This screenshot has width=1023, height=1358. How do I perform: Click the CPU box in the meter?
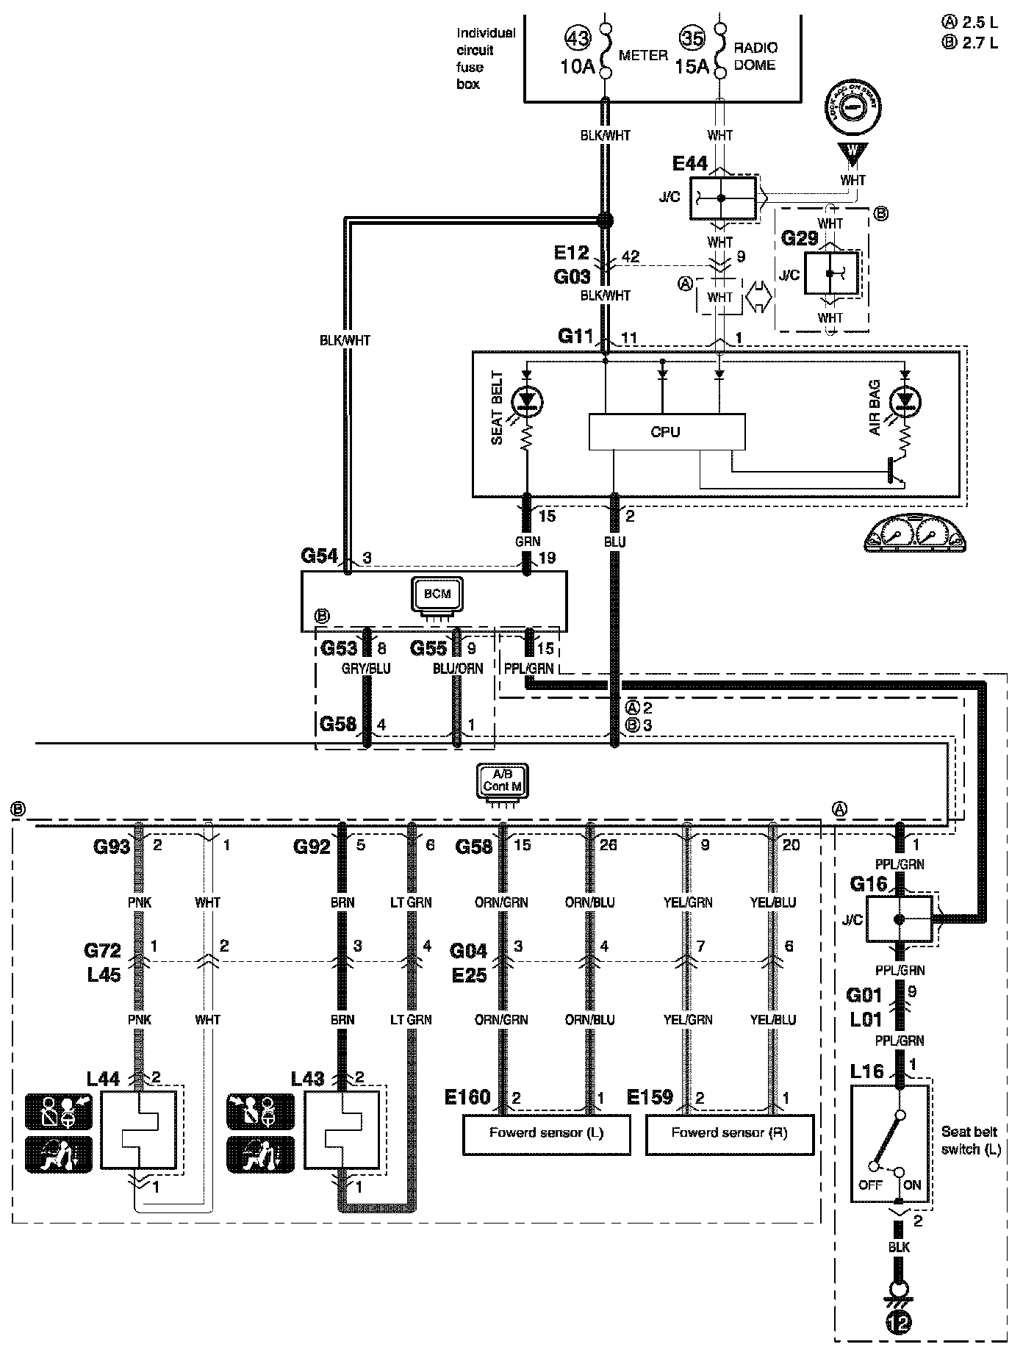(666, 432)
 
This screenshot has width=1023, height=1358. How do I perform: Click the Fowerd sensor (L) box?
(546, 1132)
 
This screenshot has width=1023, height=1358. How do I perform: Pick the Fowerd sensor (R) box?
(729, 1132)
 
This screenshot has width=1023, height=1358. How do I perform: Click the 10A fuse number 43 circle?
(578, 37)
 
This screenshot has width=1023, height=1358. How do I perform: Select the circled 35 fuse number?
(692, 37)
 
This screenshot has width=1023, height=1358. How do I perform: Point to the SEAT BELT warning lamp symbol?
(527, 400)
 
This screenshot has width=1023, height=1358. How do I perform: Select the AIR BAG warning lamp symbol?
(905, 400)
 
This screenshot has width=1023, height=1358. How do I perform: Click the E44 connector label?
(689, 163)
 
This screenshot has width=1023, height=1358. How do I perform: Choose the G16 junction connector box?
(898, 919)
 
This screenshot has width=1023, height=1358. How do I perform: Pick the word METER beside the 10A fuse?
(643, 55)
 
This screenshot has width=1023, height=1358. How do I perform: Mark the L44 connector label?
(103, 1079)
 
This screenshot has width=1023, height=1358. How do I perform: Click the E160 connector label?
(467, 1097)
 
